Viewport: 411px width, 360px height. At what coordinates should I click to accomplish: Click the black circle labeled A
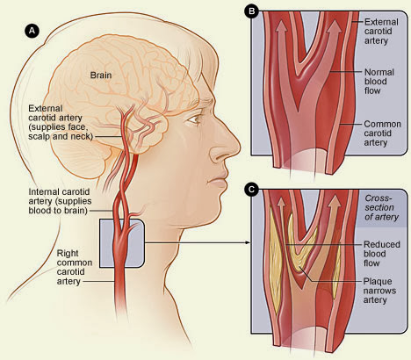point(32,31)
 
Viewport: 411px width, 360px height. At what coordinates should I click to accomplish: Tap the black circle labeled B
point(251,11)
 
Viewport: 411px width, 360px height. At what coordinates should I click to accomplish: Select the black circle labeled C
point(251,190)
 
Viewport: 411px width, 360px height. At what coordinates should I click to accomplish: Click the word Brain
point(101,76)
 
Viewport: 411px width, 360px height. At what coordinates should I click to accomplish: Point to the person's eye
point(194,119)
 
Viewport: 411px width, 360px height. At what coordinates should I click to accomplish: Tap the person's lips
point(218,182)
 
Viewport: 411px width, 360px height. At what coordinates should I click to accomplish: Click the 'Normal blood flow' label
point(379,82)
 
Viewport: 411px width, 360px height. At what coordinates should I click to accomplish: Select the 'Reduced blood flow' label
point(381,254)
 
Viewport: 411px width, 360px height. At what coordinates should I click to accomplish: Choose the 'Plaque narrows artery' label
point(379,291)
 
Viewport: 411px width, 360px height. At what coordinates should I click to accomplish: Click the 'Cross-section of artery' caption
point(381,207)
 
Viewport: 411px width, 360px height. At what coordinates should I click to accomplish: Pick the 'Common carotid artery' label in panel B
point(382,133)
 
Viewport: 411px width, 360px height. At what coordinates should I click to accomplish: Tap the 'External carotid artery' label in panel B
point(381,32)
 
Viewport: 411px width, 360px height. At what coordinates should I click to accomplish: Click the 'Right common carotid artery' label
point(75,267)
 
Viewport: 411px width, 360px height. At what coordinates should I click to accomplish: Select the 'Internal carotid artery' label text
point(60,201)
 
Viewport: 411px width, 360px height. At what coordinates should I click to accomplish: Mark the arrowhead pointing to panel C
point(248,242)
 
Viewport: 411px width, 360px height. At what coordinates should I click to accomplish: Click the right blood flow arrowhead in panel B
point(335,26)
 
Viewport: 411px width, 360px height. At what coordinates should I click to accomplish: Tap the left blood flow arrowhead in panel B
point(282,26)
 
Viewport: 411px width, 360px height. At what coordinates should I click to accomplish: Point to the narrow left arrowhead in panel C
point(281,202)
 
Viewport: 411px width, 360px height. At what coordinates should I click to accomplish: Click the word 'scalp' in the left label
point(38,136)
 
